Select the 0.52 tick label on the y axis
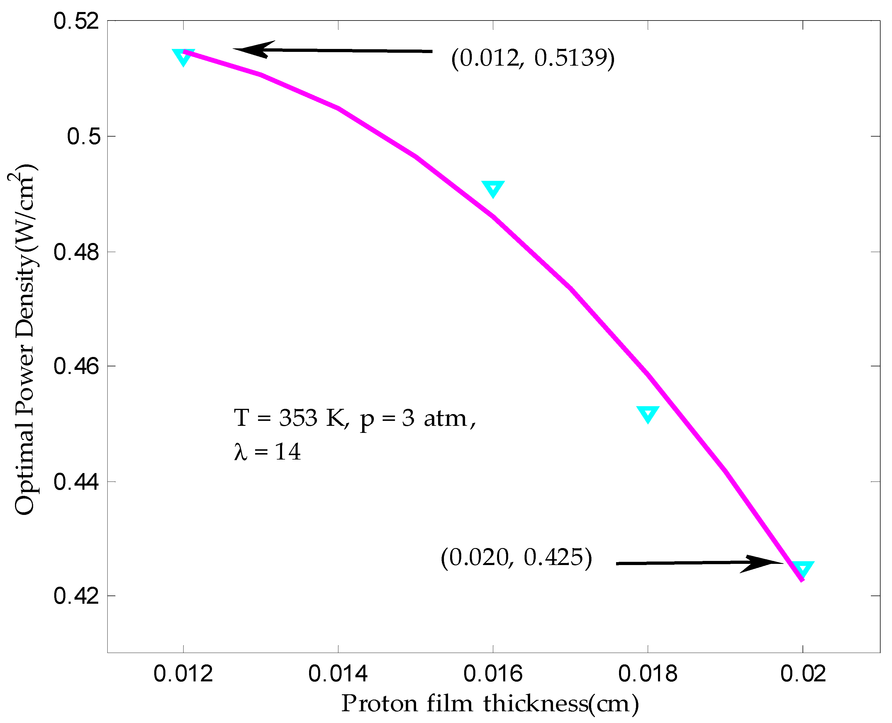pyautogui.click(x=76, y=21)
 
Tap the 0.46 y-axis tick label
pyautogui.click(x=76, y=366)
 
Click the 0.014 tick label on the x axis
pyautogui.click(x=338, y=674)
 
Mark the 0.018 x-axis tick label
pyautogui.click(x=648, y=674)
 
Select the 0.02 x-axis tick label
pyautogui.click(x=803, y=674)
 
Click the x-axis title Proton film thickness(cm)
pyautogui.click(x=490, y=704)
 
